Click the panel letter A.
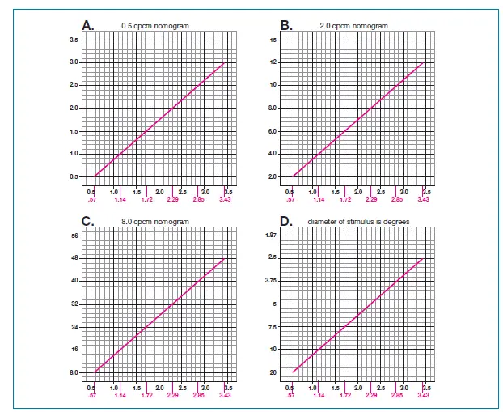coord(87,26)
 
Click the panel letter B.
coord(285,26)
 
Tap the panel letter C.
coord(87,221)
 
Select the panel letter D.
coord(285,221)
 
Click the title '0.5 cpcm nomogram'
coord(154,26)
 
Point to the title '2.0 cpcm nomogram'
coord(353,26)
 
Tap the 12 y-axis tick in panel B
coord(273,62)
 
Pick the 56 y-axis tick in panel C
coord(74,235)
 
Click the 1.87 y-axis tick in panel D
coord(272,235)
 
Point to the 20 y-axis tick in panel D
coord(273,372)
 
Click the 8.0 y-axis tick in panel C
coord(73,372)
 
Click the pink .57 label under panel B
coord(291,198)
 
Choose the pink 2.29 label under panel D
coord(370,395)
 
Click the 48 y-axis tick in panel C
coord(74,257)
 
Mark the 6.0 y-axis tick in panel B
coord(273,130)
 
